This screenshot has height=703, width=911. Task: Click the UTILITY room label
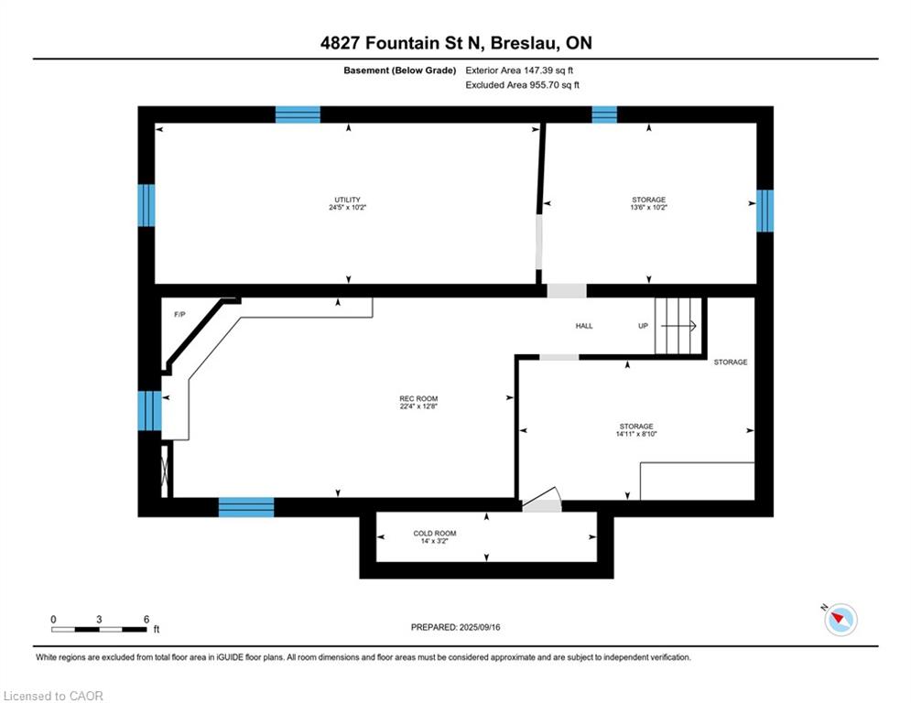coord(347,200)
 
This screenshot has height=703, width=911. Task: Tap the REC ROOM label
coord(418,398)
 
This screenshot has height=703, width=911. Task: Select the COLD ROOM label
coord(435,534)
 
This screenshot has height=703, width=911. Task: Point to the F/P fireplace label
coord(179,314)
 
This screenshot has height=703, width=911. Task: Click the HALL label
coord(584,326)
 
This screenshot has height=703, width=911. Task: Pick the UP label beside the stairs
coord(643,326)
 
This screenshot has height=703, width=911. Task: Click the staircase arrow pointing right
coord(678,326)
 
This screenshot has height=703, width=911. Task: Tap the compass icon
coord(841,620)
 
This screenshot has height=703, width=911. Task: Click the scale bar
coord(99,629)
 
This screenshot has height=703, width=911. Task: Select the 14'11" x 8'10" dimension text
coord(636,434)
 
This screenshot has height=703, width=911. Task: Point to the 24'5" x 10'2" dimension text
coord(347,208)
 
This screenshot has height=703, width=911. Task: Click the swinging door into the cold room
coord(541,499)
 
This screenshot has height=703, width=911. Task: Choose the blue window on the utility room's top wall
coord(298,114)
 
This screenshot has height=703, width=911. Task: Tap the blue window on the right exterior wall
coord(765,211)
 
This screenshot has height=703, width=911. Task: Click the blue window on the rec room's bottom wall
coord(246,507)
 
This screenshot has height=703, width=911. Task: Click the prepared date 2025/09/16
coord(480,627)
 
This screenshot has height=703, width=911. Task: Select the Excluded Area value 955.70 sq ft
coord(554,85)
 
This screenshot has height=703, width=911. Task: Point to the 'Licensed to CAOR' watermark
coord(53,696)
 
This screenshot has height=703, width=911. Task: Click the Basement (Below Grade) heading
coord(400,70)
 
